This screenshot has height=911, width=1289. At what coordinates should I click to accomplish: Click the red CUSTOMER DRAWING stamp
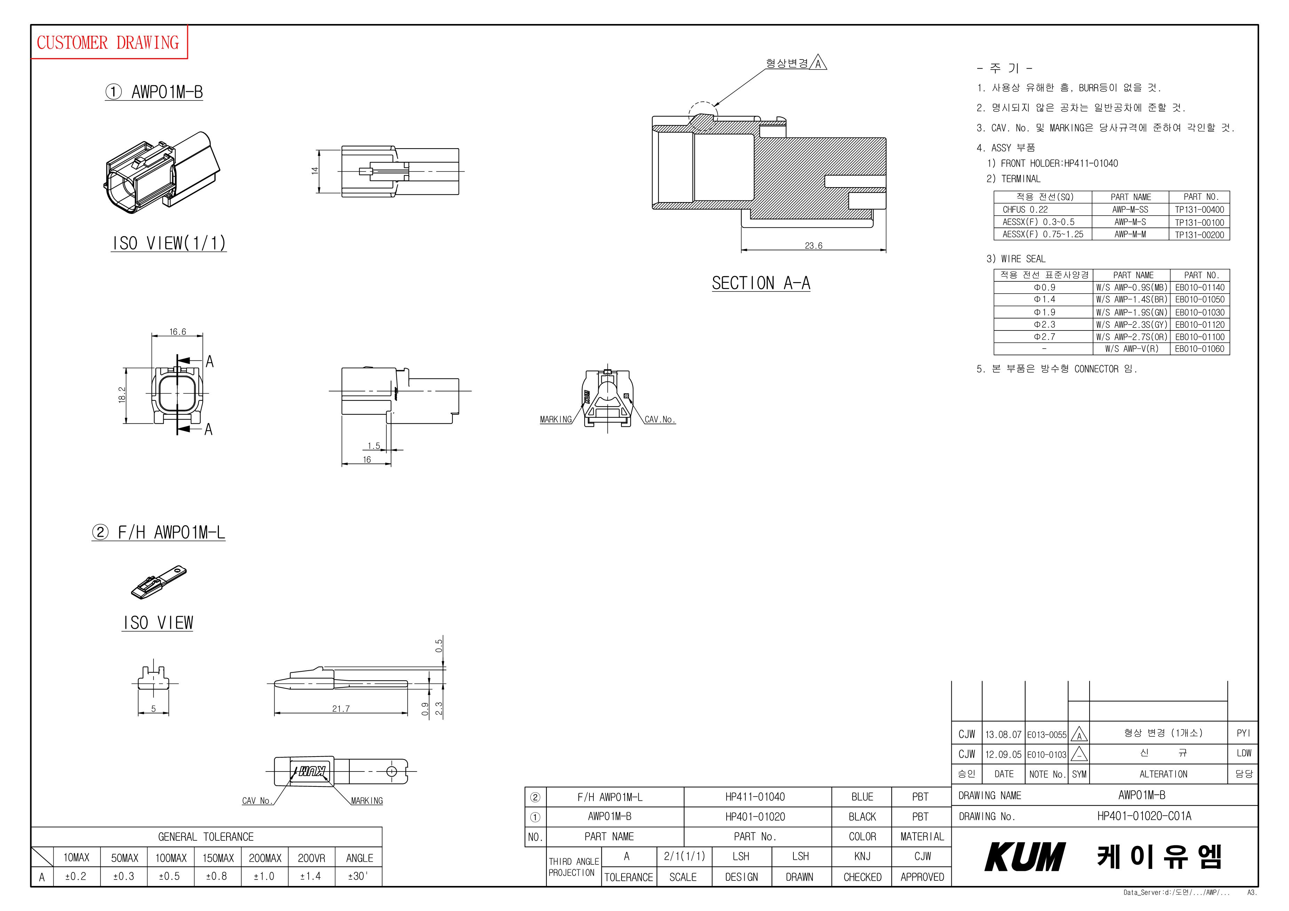click(108, 42)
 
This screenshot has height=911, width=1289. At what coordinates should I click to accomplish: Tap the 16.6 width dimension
click(177, 332)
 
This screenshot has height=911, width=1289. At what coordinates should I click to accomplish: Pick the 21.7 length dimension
click(341, 708)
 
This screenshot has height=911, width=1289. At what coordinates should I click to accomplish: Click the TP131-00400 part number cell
click(1199, 209)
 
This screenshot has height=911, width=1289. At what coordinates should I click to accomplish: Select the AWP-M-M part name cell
click(1130, 234)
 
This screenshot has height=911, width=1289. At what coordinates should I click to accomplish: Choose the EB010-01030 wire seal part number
click(1200, 312)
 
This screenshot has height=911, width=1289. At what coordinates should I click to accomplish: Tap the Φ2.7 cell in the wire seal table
click(1044, 337)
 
